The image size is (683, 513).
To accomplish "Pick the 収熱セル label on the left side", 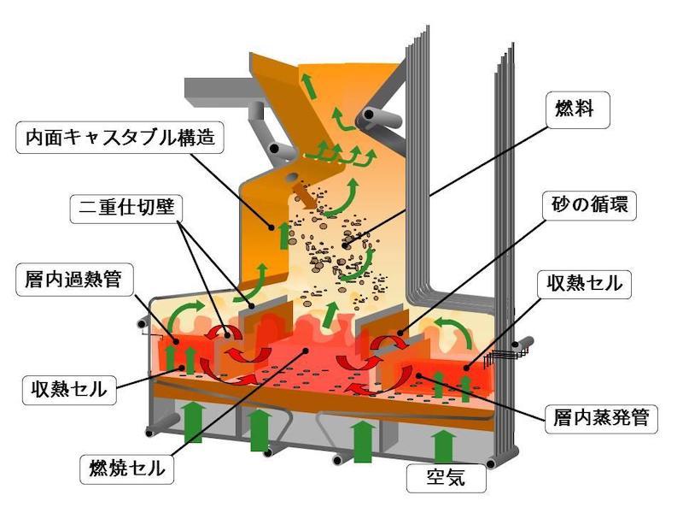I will click(x=65, y=390).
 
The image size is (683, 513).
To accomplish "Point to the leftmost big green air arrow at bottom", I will click(x=193, y=420).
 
